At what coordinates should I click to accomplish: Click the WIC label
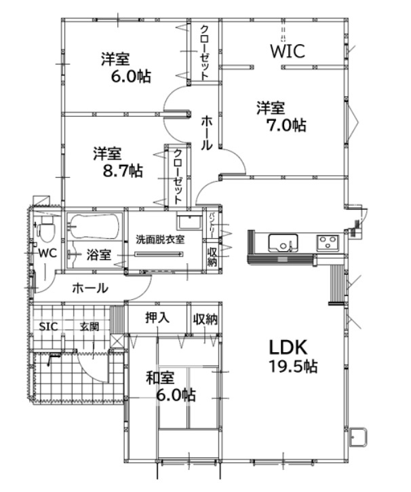288,51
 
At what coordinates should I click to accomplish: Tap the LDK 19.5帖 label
293,356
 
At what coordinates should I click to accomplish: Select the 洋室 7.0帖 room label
281,117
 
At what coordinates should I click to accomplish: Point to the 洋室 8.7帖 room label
118,162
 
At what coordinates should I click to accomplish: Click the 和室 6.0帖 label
171,386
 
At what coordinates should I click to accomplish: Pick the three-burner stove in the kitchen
328,242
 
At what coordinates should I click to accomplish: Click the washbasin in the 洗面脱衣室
189,222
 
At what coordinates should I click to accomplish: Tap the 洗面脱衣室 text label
160,240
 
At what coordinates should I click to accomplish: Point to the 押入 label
157,318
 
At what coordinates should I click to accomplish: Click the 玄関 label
90,326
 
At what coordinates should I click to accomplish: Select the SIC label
49,326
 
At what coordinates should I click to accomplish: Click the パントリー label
212,225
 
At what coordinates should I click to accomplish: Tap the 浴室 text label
99,254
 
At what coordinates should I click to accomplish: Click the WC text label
47,253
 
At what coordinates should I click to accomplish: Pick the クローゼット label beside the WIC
204,52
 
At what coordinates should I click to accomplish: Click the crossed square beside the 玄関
117,341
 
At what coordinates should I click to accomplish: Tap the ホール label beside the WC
90,288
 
